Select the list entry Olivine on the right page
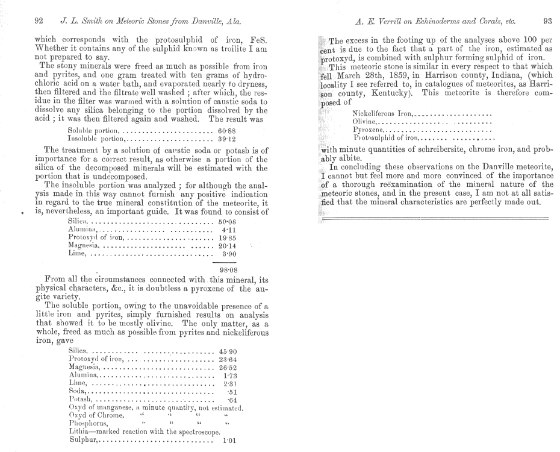click(x=367, y=121)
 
